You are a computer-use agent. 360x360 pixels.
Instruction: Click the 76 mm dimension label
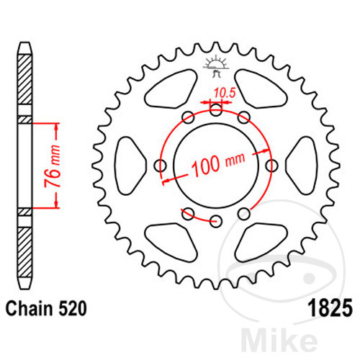(53, 166)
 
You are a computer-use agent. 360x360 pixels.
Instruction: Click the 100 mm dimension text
(218, 163)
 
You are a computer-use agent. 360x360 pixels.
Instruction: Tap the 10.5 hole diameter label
(225, 93)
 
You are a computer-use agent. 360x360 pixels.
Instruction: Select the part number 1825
(330, 308)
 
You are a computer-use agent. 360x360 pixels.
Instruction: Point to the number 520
(72, 308)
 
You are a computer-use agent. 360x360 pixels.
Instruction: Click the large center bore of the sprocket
(216, 166)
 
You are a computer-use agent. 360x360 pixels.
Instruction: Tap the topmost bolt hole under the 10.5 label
(216, 110)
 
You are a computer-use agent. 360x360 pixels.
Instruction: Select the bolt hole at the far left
(161, 166)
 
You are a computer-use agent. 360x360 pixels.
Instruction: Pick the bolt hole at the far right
(272, 166)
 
